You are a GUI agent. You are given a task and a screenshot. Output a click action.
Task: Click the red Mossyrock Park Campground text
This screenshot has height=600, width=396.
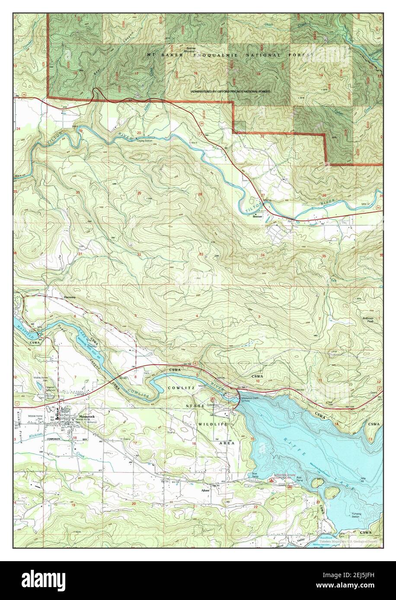pyautogui.click(x=284, y=479)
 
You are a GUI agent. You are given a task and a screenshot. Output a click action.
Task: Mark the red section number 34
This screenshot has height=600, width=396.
pyautogui.click(x=263, y=255)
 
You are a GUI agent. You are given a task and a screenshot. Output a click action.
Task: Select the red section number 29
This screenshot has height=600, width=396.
pyautogui.click(x=139, y=193)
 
